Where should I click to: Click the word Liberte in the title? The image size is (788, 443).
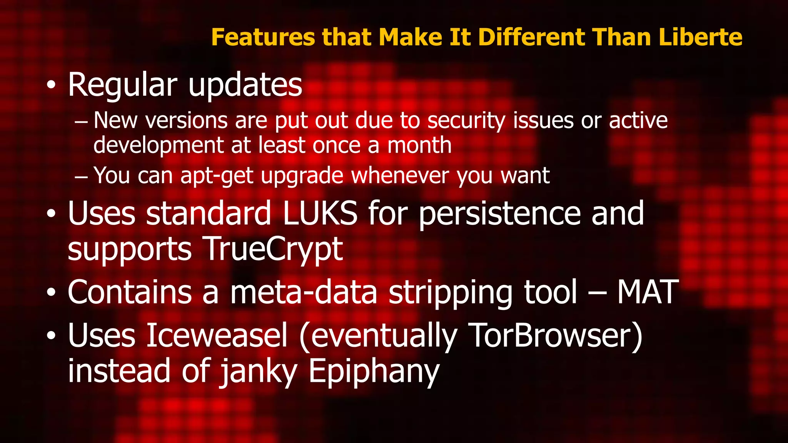tap(700, 37)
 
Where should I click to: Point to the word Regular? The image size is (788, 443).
tap(123, 85)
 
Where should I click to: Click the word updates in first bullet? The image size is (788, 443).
tap(245, 85)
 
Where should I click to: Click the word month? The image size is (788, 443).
tap(419, 145)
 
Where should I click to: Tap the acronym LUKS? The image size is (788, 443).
tap(320, 214)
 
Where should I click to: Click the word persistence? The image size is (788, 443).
tap(499, 214)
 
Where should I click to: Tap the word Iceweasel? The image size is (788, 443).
tap(217, 335)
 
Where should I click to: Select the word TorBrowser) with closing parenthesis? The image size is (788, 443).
tap(556, 335)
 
